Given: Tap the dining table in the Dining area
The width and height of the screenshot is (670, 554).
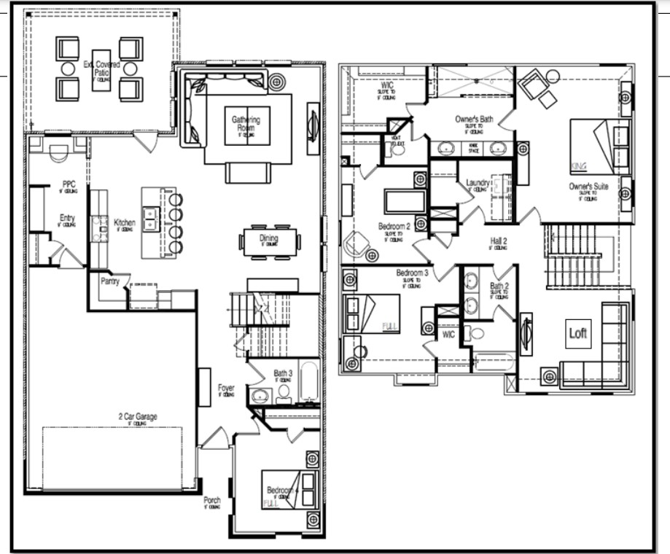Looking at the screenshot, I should click(x=269, y=240).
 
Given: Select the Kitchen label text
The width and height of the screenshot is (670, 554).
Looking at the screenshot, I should click(x=124, y=222).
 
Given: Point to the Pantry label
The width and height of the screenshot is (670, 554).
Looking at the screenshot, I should click(x=110, y=279).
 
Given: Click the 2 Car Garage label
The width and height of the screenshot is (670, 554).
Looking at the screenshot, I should click(x=138, y=417).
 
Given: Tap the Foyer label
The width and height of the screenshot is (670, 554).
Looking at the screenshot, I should click(x=226, y=389).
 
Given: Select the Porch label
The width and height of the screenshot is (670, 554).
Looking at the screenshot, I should click(x=211, y=502).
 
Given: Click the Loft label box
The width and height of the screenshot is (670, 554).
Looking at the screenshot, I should click(x=577, y=333).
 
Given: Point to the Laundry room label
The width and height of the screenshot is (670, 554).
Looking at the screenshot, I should click(x=476, y=183).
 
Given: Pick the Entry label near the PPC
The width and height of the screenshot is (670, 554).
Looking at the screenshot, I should click(x=67, y=218).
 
